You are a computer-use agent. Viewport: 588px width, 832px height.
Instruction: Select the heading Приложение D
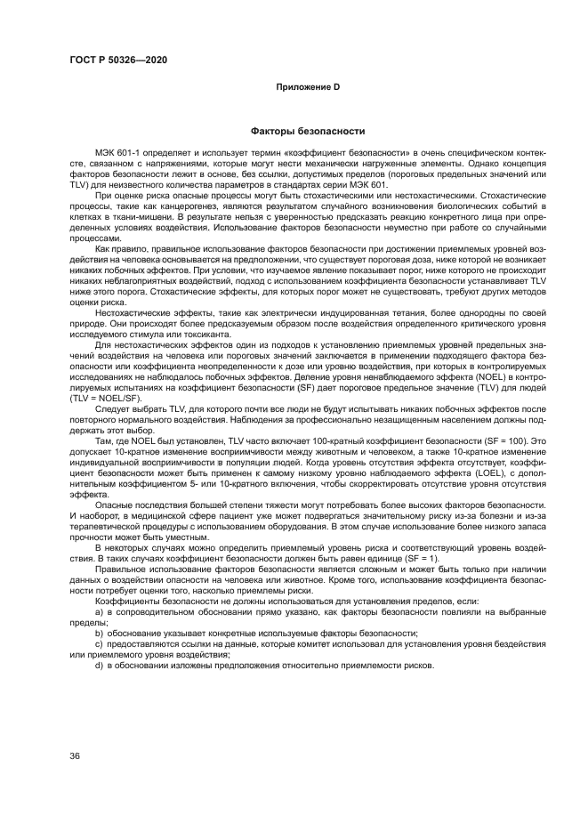coord(307,87)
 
